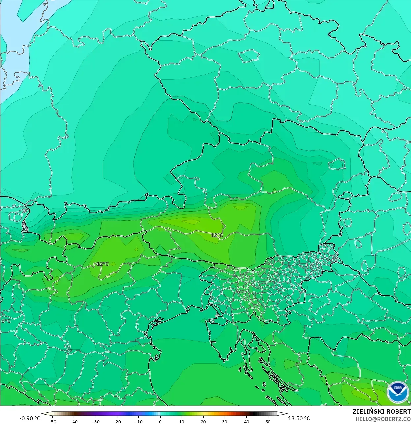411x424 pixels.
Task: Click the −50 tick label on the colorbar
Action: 52,422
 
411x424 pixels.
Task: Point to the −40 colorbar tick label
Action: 74,422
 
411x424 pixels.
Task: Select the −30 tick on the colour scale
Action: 95,422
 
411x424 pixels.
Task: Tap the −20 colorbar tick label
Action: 117,422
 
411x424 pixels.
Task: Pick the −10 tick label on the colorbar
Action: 138,422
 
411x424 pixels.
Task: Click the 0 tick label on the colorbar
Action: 160,422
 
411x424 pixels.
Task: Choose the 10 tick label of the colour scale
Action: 182,422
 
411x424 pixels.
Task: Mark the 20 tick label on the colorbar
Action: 203,422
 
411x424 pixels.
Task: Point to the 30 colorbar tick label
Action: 225,422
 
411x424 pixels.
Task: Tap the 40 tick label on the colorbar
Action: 247,422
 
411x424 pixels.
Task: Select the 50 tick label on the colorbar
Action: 268,422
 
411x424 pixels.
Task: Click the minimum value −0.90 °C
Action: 30,418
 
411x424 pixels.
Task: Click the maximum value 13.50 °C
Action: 299,418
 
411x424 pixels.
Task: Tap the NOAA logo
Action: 397,392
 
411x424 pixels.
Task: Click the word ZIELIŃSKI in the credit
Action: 367,411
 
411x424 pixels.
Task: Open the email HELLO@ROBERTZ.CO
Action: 383,419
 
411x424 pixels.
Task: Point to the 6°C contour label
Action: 6,321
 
